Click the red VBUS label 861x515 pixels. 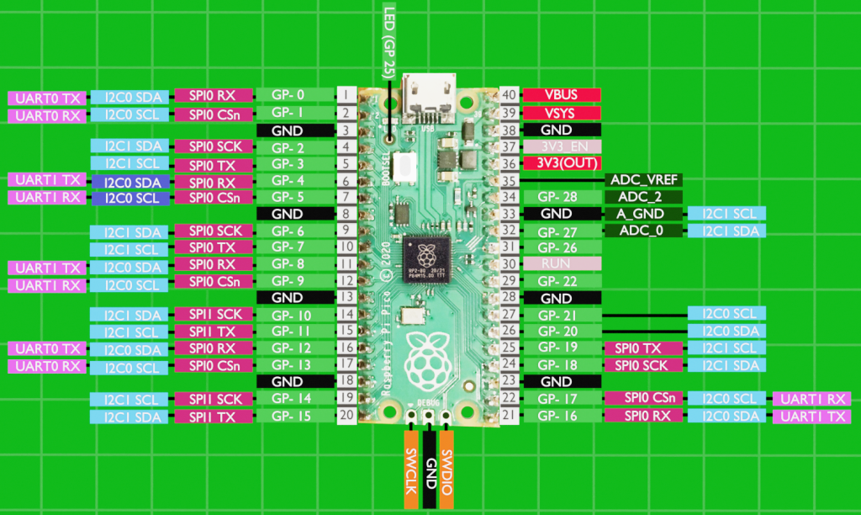(562, 95)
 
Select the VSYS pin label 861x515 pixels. (562, 113)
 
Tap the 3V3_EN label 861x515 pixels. (562, 147)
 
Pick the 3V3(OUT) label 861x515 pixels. (562, 163)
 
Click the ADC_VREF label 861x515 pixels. (643, 180)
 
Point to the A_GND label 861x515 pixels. (643, 214)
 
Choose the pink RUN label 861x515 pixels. (562, 264)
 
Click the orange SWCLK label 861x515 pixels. (411, 470)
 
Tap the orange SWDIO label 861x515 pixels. (447, 470)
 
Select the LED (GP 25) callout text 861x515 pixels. (388, 42)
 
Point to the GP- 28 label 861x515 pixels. (562, 197)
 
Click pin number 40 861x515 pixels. (510, 95)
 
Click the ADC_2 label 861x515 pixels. (643, 197)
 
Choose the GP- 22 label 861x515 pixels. (562, 281)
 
